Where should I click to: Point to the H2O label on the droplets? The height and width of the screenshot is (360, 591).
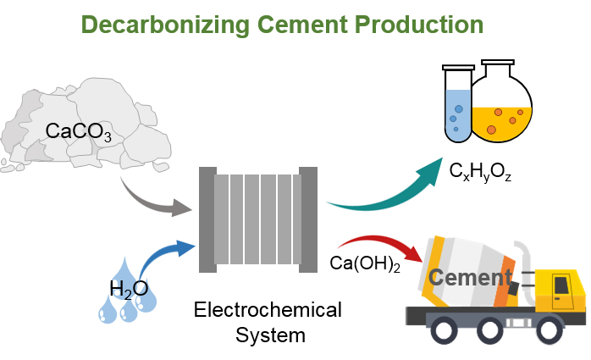pyautogui.click(x=128, y=289)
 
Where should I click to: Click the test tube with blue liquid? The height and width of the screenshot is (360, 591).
pyautogui.click(x=457, y=106)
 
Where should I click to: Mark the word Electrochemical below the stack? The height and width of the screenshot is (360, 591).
pyautogui.click(x=268, y=310)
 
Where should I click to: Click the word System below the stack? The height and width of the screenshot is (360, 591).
pyautogui.click(x=268, y=335)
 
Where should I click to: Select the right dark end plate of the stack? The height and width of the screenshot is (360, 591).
pyautogui.click(x=308, y=220)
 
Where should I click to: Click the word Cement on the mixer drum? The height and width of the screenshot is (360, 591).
pyautogui.click(x=470, y=278)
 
